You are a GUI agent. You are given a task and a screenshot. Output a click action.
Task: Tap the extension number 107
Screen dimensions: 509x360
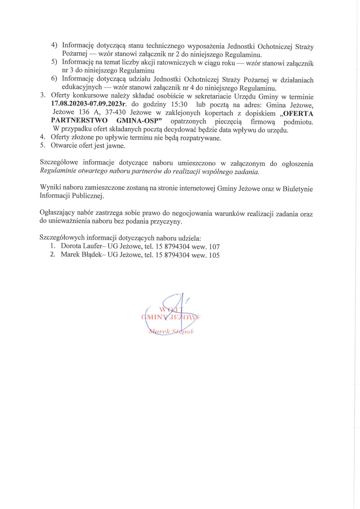coord(214,246)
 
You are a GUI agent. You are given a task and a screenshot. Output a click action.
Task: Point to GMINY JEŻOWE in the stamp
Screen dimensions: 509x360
coord(171,317)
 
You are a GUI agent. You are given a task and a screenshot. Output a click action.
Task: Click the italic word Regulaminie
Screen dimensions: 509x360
coord(57,172)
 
